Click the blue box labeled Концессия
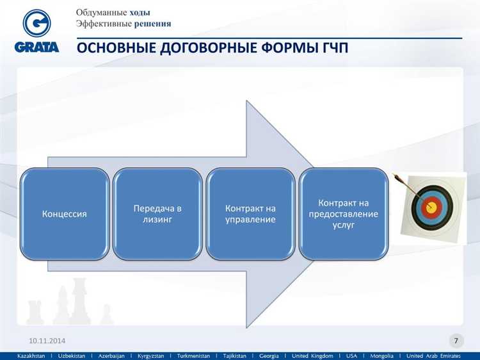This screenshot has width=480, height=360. point(65,214)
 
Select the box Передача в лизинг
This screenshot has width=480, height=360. point(157,214)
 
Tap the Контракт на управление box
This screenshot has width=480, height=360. point(250,214)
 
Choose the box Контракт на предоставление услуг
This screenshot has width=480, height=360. point(344,214)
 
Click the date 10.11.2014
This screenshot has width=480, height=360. point(47,340)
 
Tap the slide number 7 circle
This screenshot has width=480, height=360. point(456,340)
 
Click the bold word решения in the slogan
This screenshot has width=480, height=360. point(152,24)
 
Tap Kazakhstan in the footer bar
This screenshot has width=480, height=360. point(31,356)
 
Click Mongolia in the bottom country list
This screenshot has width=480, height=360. point(381,356)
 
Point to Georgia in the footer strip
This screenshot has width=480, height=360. point(268,356)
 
